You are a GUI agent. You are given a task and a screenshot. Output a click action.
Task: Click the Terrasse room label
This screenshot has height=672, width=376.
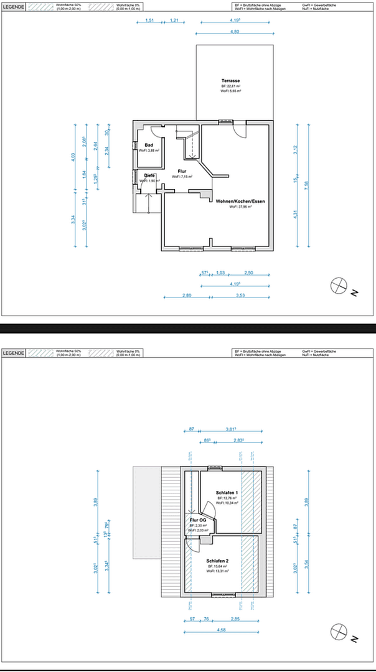[x=230, y=82]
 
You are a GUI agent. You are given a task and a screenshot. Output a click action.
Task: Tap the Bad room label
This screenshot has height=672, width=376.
[x=149, y=144]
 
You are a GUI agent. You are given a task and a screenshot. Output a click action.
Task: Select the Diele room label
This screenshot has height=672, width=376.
[x=149, y=175]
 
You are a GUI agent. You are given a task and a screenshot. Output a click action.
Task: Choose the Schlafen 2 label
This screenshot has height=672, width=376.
[x=219, y=560]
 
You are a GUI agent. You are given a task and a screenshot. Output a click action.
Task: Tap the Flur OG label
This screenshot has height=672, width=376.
[x=197, y=520]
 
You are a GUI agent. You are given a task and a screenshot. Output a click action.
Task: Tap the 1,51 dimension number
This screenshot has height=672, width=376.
[x=149, y=21]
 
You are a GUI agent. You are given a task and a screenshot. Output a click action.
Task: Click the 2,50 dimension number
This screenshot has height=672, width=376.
[x=248, y=273]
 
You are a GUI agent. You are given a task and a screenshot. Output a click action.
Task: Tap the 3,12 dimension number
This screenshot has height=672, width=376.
[x=297, y=149]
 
